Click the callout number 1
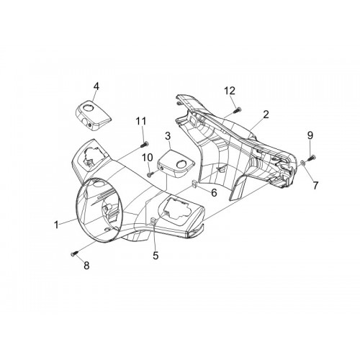tap(56, 225)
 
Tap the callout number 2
tap(266, 114)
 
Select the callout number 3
tap(168, 136)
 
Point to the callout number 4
tap(96, 86)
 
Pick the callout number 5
tap(156, 256)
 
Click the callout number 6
tap(214, 192)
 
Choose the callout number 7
tap(315, 185)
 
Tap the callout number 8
tap(86, 266)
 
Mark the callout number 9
tap(310, 135)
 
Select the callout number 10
tap(148, 158)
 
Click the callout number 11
tap(141, 121)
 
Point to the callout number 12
tap(230, 91)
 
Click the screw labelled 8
tap(74, 253)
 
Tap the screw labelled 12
tap(237, 110)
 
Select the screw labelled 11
tap(144, 145)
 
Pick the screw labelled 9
tap(311, 158)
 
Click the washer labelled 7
tap(303, 163)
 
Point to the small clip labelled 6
tap(194, 184)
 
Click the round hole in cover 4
tap(87, 108)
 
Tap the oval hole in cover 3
tap(181, 164)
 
